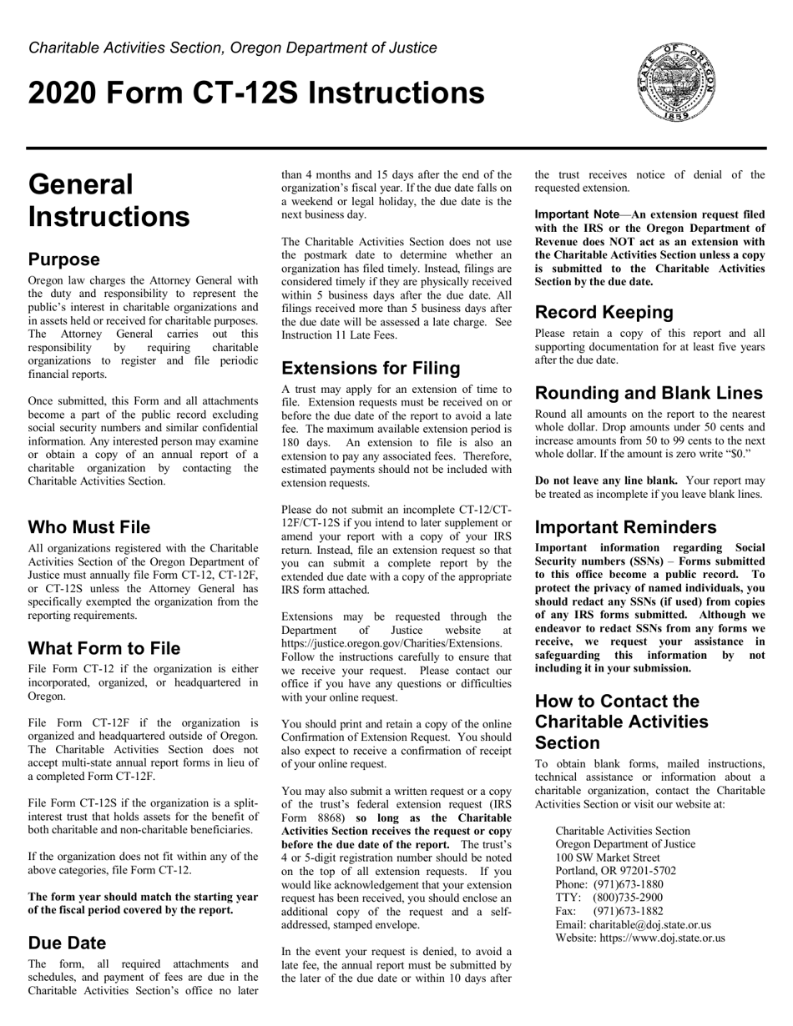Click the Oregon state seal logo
point(676,83)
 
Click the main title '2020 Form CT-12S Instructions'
point(256,93)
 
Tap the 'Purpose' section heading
point(64,259)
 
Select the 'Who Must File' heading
point(89,527)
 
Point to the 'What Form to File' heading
point(104,648)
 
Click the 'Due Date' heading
point(68,943)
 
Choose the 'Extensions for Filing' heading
point(371,368)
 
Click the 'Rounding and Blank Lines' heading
point(649,393)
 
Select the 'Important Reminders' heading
point(625,527)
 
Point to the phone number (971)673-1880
point(629,884)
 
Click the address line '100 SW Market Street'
point(607,858)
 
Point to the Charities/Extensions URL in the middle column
point(391,643)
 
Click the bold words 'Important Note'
point(577,214)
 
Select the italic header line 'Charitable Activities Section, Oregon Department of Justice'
point(232,48)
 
